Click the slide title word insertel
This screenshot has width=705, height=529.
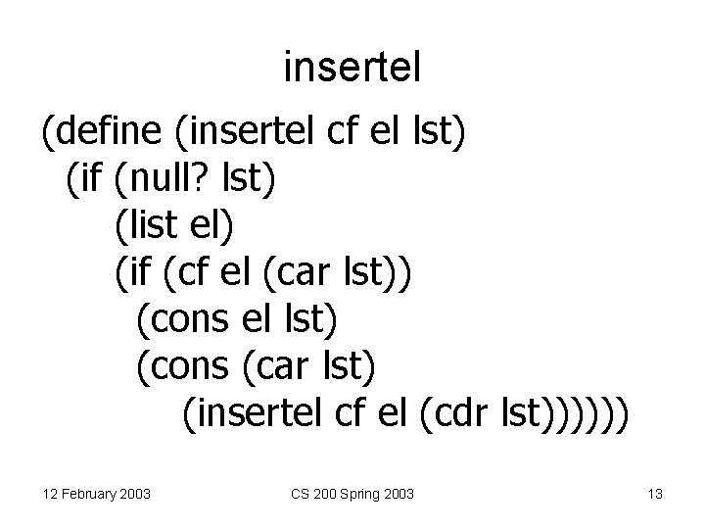click(x=352, y=68)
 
